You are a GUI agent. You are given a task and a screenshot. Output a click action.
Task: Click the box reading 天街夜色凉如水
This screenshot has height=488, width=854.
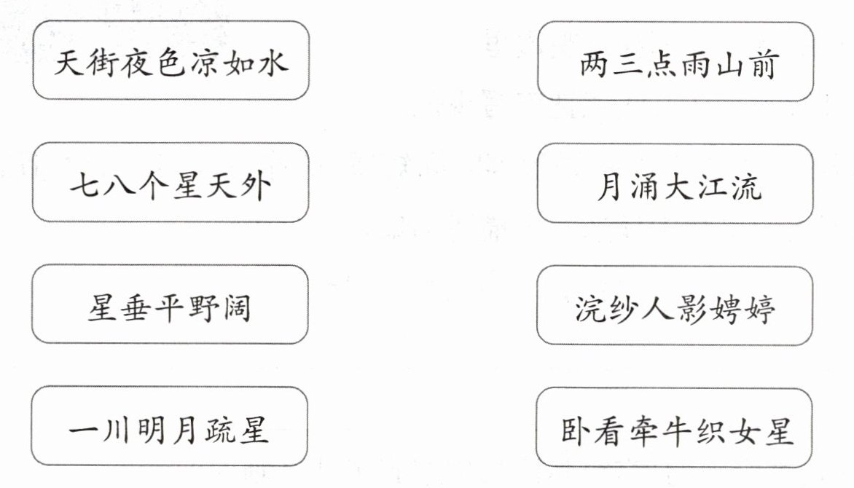click(171, 60)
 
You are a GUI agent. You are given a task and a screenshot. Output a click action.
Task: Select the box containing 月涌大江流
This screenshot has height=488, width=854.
click(675, 184)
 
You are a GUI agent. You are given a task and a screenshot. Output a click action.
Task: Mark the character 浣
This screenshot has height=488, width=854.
click(589, 310)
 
